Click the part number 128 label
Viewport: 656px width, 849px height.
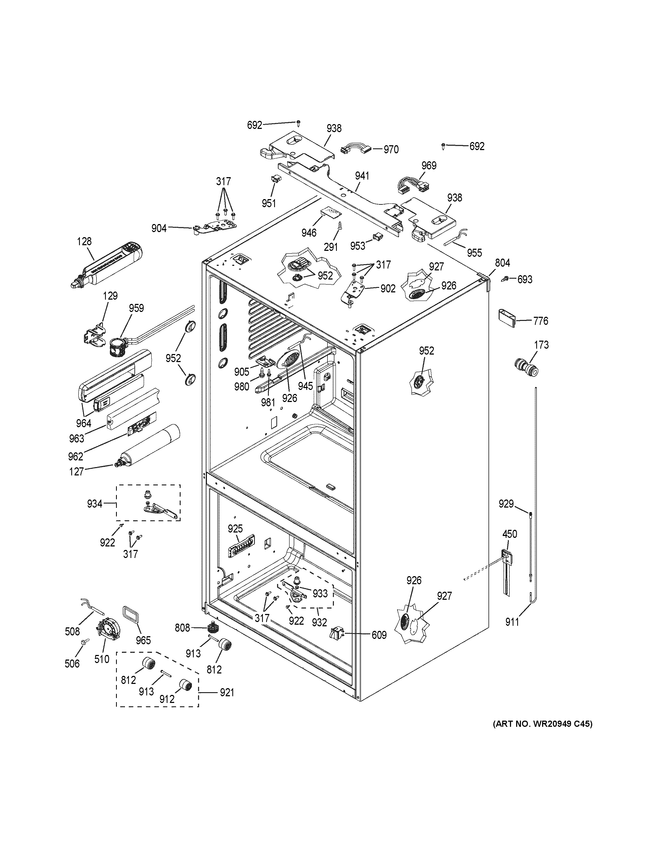click(x=84, y=241)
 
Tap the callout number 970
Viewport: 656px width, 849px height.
click(x=391, y=150)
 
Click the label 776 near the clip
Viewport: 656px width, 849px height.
click(x=541, y=321)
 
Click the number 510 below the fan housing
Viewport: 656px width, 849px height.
click(x=102, y=659)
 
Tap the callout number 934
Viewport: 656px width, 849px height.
click(x=94, y=504)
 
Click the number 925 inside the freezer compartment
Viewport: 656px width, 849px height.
click(x=235, y=529)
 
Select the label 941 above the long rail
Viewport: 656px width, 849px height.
click(x=362, y=176)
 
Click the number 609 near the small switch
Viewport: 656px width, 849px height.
click(x=379, y=635)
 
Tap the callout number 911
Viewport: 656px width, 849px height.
click(x=512, y=622)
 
